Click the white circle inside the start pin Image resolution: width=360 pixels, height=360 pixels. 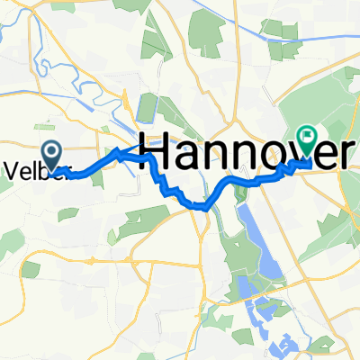tap(50, 154)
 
